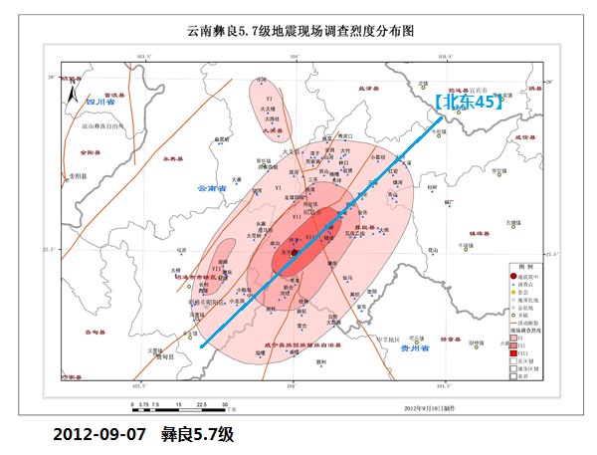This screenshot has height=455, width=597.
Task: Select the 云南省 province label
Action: (212, 188)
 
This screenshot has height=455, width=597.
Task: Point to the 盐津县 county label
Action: (371, 90)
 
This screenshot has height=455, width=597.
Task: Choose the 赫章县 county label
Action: (450, 338)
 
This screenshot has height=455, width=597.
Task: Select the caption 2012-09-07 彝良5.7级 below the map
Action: (144, 435)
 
